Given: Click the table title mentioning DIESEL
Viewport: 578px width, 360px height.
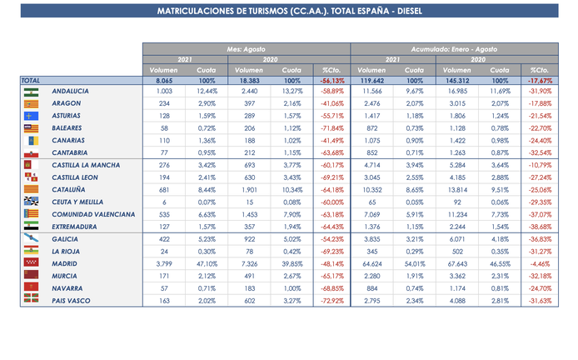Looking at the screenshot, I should pyautogui.click(x=288, y=12).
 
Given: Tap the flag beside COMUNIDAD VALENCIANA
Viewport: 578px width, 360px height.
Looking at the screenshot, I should pyautogui.click(x=31, y=213).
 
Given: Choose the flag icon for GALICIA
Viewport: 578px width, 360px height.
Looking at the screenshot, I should pyautogui.click(x=31, y=238).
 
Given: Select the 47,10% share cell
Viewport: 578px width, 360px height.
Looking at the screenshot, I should pyautogui.click(x=206, y=262).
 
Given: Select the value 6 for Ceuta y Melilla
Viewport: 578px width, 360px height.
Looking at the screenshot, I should pyautogui.click(x=164, y=201).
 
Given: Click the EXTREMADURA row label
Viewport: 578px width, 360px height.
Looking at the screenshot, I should pyautogui.click(x=72, y=226).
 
